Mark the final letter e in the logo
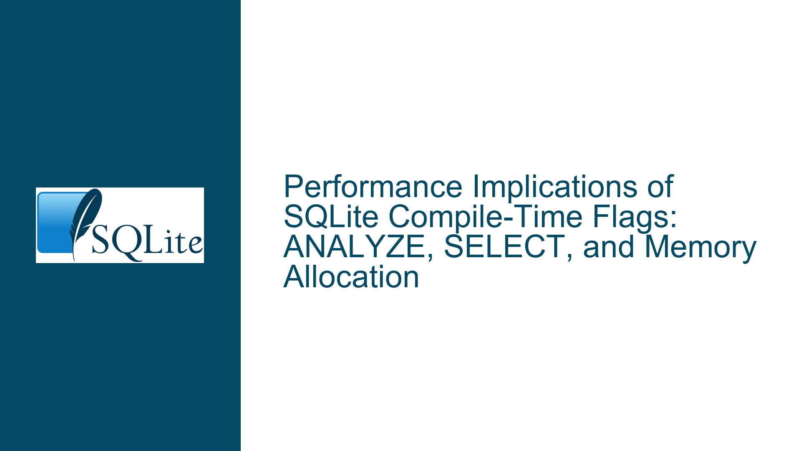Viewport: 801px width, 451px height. [x=195, y=246]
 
